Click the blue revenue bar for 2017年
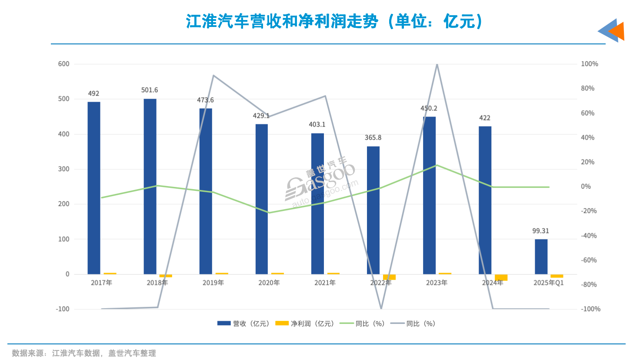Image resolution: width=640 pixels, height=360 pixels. pos(94,188)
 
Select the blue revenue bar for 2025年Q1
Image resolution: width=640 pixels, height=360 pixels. pos(541,257)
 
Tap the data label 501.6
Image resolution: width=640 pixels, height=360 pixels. pos(150,90)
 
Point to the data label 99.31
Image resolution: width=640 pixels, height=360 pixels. pos(540,231)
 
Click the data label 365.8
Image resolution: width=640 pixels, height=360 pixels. pos(373,138)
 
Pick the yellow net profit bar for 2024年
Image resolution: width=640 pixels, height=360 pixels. pos(501,277)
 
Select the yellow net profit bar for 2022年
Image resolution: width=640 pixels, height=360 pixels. pos(389,277)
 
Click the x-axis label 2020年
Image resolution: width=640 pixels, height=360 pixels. pos(269,283)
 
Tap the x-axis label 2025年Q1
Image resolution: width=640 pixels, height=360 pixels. pos(548,283)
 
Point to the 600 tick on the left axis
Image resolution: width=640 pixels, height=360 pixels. pos(63,64)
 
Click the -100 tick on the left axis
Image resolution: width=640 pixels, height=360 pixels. pos(63,309)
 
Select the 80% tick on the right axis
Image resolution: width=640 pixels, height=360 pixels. pos(587,88)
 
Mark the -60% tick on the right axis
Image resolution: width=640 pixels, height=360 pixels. pos(589,260)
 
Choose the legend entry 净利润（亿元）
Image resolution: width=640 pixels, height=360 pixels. pos(306,323)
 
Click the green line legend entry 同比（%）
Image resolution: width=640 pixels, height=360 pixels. pos(363,323)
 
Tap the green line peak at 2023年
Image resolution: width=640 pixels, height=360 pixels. pos(437,165)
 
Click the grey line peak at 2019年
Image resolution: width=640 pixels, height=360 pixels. pos(213,76)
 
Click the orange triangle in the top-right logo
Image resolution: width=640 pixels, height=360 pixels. pos(618,31)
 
